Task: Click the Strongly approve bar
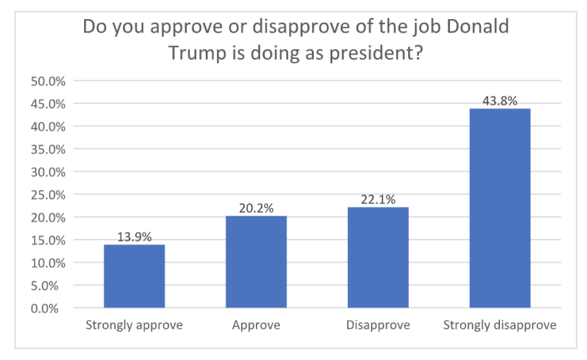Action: coord(134,276)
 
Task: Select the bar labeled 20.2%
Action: coord(256,262)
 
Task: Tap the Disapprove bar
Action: coord(378,257)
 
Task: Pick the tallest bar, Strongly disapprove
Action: coord(500,208)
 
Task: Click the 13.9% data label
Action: coord(134,238)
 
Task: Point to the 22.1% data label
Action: coord(378,200)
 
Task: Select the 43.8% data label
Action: coord(500,102)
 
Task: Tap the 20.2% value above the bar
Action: coord(256,209)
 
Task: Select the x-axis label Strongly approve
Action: coord(134,326)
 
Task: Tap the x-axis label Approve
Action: coord(256,326)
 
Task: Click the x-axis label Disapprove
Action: coord(378,326)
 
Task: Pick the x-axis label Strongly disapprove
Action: coord(500,326)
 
